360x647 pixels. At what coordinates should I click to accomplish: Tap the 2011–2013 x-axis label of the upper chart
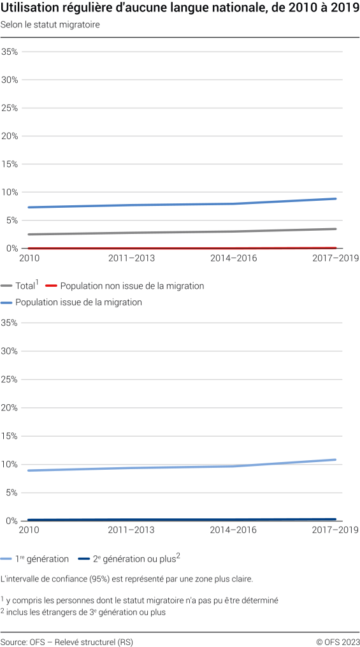[x=131, y=258]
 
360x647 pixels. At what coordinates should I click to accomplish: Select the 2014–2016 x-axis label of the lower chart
[x=233, y=530]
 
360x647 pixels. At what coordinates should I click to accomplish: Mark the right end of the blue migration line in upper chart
[x=336, y=199]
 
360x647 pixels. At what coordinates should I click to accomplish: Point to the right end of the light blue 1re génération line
[x=335, y=460]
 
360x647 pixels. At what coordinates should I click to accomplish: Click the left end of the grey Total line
[x=28, y=234]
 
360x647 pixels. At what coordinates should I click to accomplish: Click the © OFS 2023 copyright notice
[x=337, y=641]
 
